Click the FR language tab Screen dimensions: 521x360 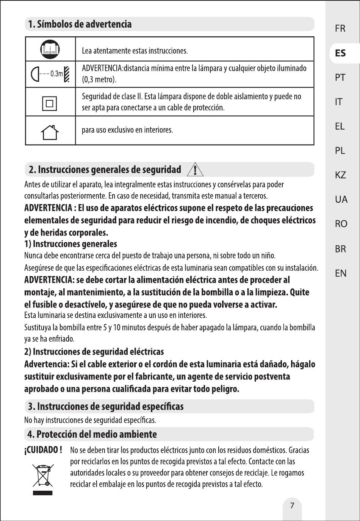click(x=340, y=28)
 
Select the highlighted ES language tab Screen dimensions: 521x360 click(x=340, y=53)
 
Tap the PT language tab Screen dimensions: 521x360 click(x=340, y=78)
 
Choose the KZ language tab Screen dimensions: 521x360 click(x=340, y=175)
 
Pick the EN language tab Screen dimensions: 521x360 click(x=340, y=273)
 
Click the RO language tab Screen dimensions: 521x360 click(x=341, y=224)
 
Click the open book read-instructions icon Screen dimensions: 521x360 click(x=50, y=49)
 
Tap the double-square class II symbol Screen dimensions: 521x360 click(x=50, y=102)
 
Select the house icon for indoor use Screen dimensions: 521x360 click(x=50, y=131)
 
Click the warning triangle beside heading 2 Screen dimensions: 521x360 click(x=195, y=170)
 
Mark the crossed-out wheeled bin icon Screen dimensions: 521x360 click(x=43, y=475)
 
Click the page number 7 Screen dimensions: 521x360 click(x=292, y=505)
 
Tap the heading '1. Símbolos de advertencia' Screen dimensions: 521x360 click(x=80, y=24)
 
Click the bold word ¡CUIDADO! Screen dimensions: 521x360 click(x=43, y=450)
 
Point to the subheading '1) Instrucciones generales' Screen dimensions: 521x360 click(x=70, y=244)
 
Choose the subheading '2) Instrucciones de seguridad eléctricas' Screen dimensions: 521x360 click(x=94, y=351)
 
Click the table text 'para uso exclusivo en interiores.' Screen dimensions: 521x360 click(x=127, y=130)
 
